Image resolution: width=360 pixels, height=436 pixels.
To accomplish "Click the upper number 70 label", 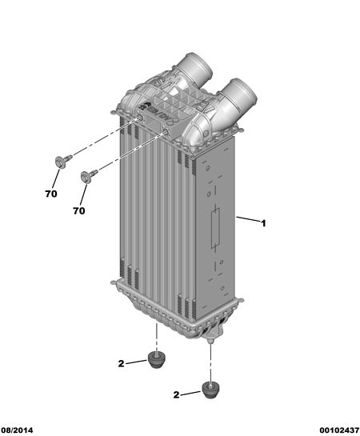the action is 51,194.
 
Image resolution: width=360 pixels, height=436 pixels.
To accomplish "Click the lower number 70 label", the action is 79,210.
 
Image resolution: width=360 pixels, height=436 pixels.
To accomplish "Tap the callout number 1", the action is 263,223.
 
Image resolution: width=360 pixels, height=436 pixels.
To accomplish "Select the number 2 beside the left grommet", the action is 121,363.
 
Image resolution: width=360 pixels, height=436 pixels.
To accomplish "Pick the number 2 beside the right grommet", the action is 176,394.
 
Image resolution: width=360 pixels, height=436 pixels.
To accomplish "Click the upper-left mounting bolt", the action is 63,162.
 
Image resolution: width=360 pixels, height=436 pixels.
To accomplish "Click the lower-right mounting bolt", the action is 89,176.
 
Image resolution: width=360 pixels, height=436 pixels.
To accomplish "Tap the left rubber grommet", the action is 155,360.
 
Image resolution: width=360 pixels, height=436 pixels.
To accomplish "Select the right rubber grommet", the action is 210,390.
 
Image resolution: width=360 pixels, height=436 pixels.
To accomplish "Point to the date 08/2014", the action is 17,430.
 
